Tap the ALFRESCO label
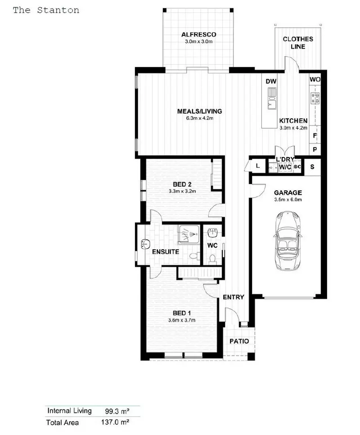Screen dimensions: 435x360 [198, 35]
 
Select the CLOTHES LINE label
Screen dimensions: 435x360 [297, 43]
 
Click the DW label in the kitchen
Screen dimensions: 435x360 [270, 81]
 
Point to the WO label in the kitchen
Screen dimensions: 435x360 [315, 80]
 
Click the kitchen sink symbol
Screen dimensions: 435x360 [272, 99]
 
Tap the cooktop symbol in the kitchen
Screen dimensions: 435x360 [315, 98]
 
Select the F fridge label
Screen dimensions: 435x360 [315, 135]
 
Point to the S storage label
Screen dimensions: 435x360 [312, 166]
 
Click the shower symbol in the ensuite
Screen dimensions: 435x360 [189, 234]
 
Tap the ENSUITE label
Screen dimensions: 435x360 [165, 252]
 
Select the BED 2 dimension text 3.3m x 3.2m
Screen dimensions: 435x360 [182, 191]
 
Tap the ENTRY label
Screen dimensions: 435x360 [234, 297]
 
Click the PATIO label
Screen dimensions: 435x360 [239, 341]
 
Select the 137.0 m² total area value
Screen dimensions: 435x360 [114, 422]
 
